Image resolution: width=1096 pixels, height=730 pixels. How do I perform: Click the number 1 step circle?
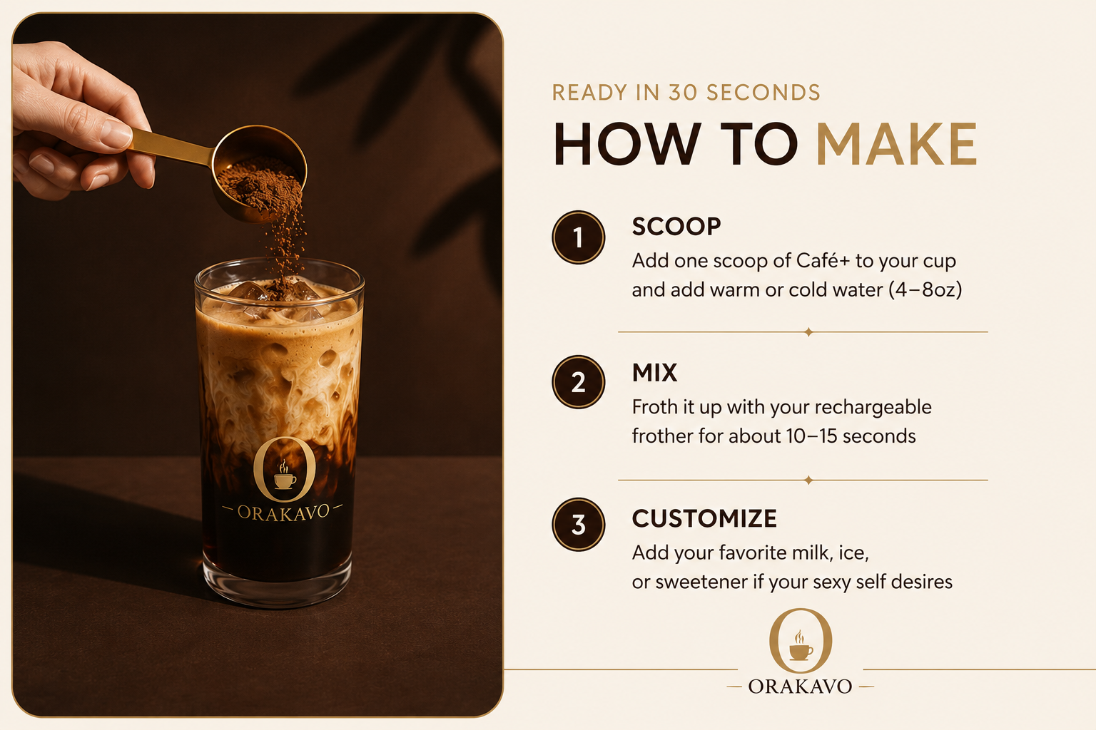pos(579,237)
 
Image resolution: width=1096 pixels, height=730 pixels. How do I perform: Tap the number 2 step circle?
pos(579,382)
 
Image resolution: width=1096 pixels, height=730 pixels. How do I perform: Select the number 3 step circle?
pos(579,525)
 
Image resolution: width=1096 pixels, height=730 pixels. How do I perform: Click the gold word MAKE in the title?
pos(897,144)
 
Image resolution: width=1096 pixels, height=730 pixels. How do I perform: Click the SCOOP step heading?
pos(676,227)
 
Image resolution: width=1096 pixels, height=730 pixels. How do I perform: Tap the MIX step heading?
pos(654,373)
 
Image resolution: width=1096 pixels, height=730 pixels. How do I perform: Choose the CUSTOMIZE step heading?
pos(704,518)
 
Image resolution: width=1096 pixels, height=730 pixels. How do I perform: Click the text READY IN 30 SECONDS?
pos(686,93)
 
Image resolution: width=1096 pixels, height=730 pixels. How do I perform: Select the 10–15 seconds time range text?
pos(851,436)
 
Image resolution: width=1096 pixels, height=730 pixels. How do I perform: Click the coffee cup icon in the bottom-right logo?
pos(801,646)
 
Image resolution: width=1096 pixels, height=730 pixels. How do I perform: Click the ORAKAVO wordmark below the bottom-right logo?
pos(800,687)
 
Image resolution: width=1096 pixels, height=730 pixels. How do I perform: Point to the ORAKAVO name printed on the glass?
pos(283,513)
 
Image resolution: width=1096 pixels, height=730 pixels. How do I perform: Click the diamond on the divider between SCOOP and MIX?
pos(808,332)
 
